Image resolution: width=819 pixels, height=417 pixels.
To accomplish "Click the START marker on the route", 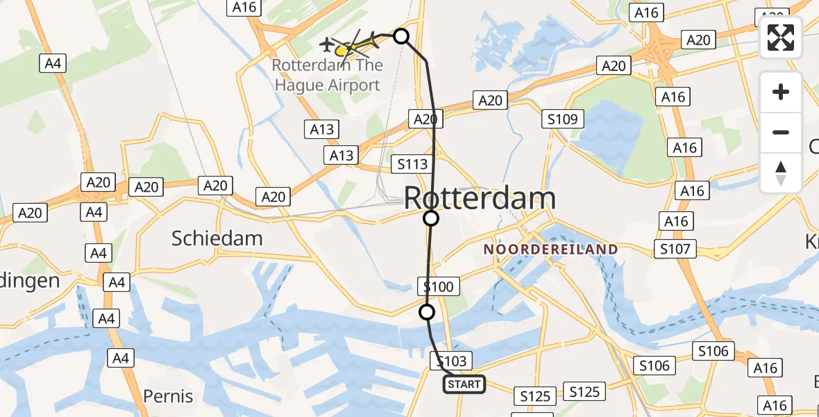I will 464,384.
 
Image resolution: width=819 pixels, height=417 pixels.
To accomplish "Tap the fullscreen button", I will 781,38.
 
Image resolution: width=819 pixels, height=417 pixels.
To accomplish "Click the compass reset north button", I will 781,173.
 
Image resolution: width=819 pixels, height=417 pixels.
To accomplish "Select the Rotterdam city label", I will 480,199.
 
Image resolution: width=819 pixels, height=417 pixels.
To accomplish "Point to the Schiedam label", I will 217,238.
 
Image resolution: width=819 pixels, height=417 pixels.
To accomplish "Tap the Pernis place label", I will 168,396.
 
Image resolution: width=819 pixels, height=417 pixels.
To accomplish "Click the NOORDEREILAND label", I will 550,249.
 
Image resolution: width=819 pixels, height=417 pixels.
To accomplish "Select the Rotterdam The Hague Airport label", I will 328,75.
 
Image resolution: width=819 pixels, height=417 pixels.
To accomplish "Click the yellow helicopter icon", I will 351,47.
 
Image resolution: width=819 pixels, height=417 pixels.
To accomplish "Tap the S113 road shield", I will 413,165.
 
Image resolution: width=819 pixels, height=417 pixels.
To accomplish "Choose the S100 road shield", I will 438,286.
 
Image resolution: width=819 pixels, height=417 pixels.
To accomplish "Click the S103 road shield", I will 451,361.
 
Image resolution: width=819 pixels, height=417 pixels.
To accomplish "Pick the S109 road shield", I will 562,120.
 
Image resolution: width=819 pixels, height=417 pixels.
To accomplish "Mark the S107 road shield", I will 675,249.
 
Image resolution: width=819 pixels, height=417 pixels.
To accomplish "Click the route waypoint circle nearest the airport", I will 401,35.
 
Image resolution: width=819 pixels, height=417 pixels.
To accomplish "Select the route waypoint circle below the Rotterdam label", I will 431,219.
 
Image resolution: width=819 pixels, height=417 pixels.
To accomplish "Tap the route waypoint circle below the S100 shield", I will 427,312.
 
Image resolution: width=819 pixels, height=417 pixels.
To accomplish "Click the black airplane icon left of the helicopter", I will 326,44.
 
